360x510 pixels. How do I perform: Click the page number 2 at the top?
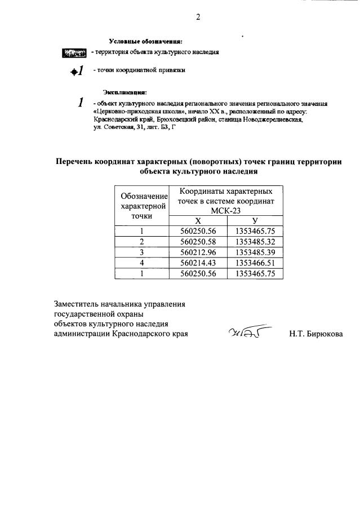pos(198,16)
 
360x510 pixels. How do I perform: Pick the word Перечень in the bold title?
pos(79,161)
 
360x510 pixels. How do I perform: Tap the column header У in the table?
pos(255,220)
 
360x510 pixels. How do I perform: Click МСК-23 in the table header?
pos(225,210)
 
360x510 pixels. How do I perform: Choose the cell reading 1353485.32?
pos(255,241)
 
